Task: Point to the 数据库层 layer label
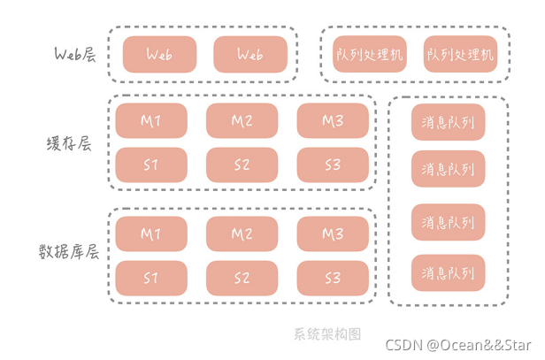69,250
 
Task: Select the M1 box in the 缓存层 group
151,121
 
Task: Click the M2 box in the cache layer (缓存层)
242,121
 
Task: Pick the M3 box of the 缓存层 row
333,121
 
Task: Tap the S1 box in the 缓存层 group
151,165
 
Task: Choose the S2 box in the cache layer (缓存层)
242,165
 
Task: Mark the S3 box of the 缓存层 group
333,165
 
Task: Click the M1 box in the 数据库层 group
151,234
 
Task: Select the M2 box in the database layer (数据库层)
242,234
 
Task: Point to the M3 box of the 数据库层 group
333,234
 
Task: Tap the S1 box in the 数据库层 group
151,279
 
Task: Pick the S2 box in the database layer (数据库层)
242,279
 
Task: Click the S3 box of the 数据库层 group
333,279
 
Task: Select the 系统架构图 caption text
328,334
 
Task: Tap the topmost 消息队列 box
449,123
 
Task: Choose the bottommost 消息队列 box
449,272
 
